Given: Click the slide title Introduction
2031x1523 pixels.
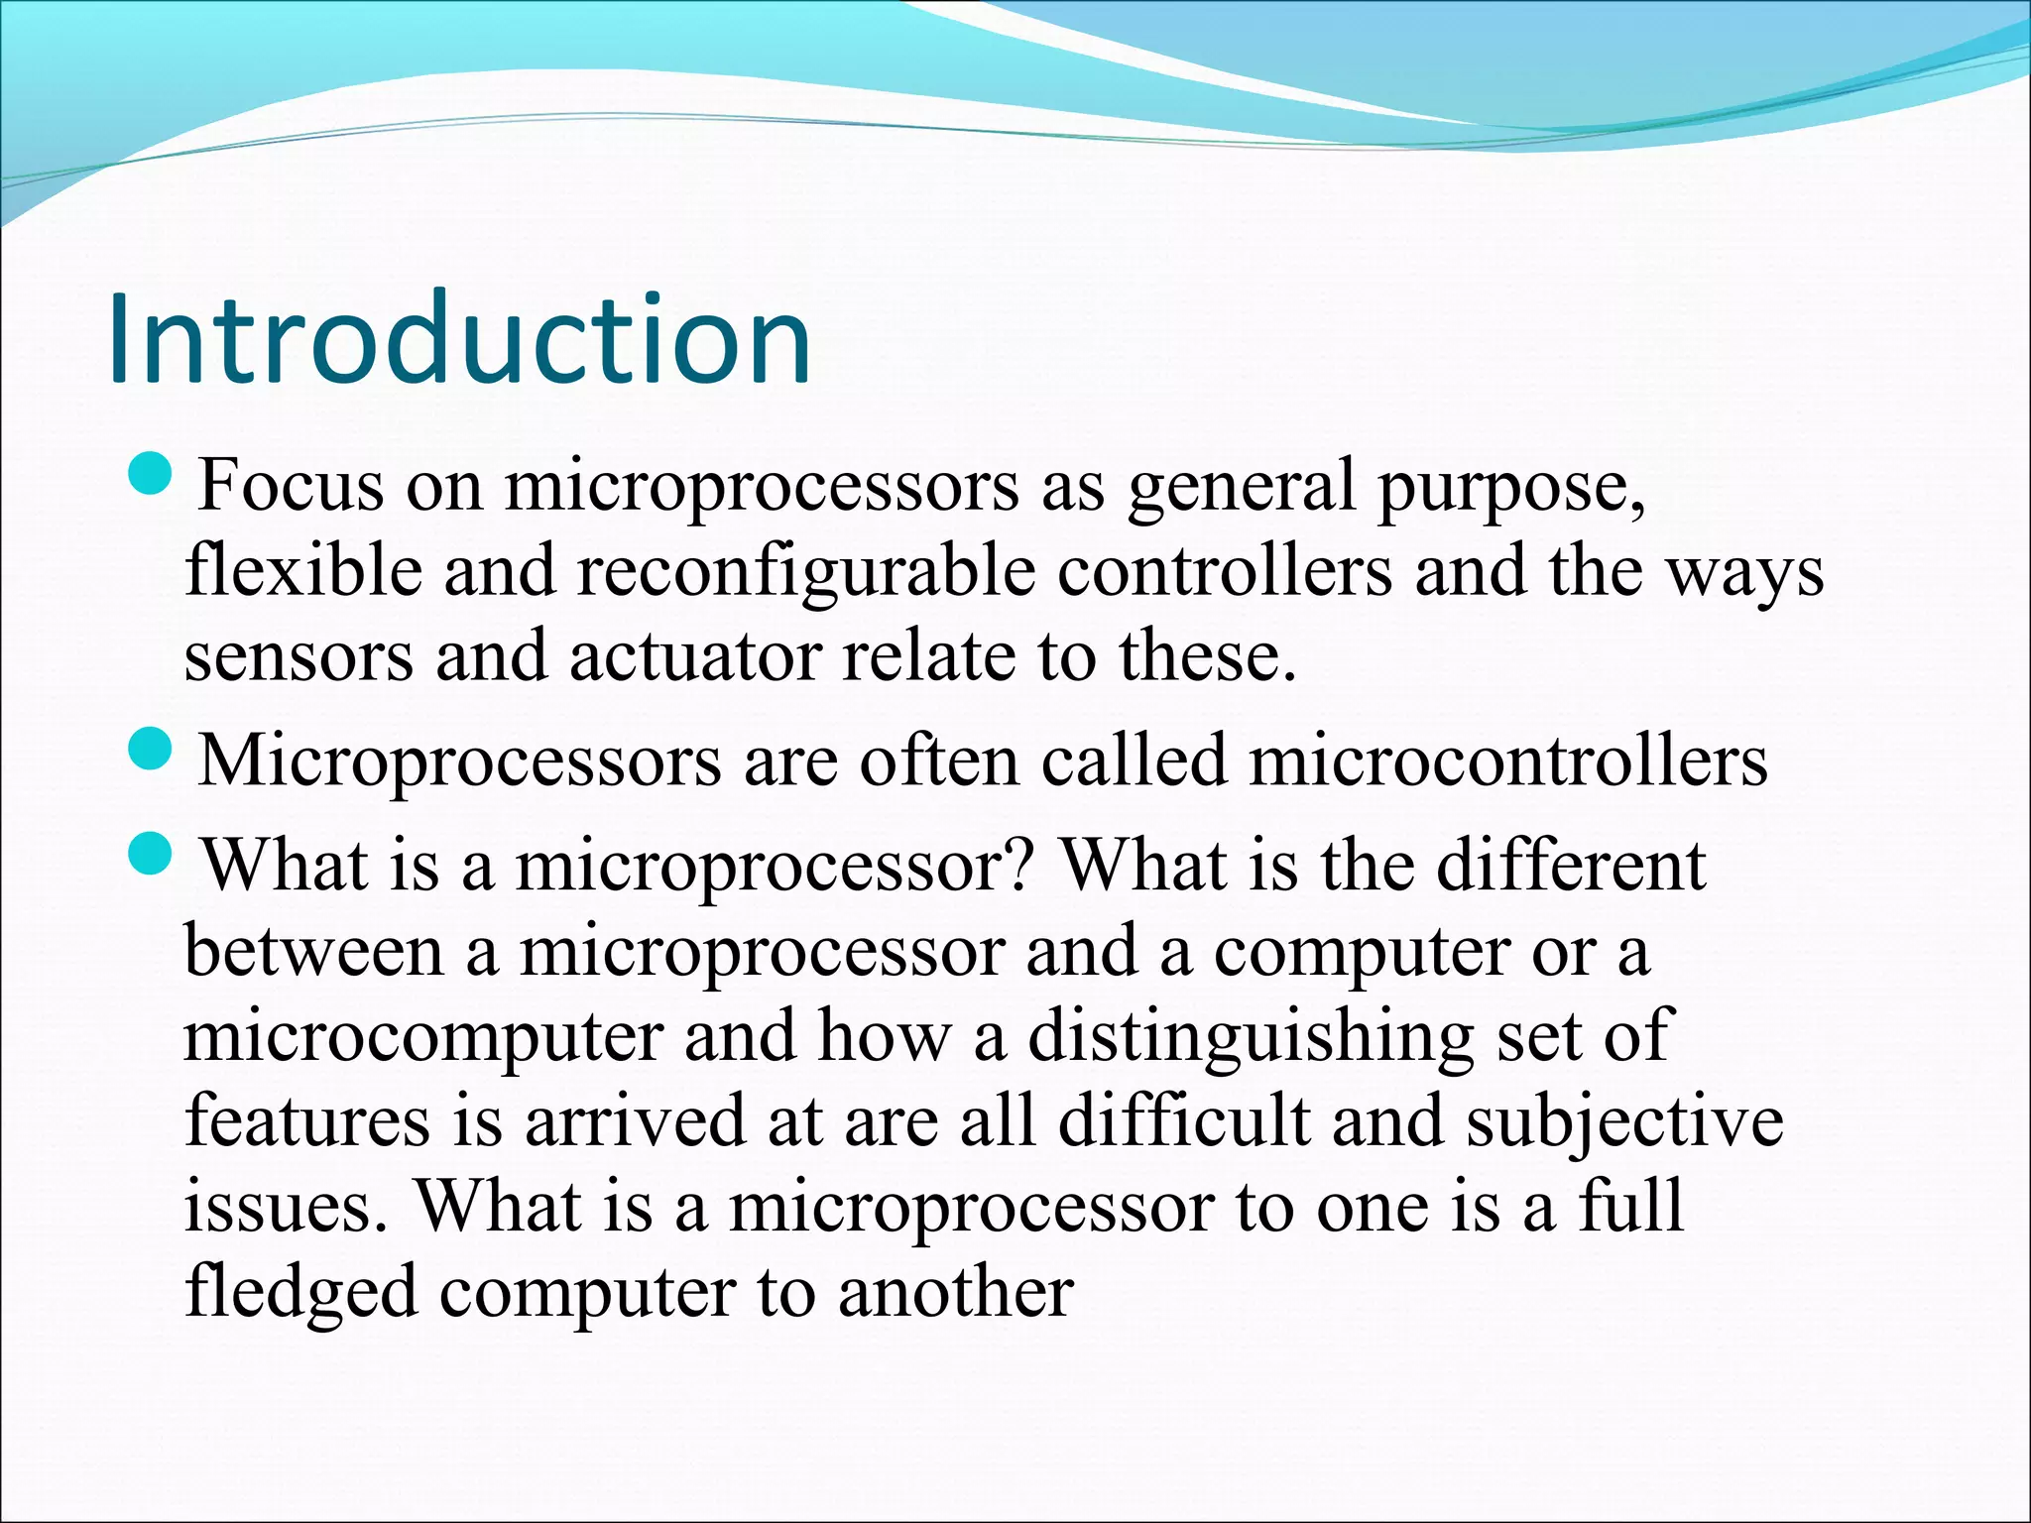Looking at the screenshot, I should [459, 339].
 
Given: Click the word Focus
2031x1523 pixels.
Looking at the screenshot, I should [291, 486].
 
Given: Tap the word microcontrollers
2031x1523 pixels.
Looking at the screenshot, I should [1507, 761].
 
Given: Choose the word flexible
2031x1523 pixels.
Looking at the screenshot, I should [303, 572].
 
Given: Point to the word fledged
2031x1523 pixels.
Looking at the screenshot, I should [300, 1294].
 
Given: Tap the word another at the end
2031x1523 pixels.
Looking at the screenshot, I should [955, 1294].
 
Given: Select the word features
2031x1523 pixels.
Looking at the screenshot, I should [307, 1121].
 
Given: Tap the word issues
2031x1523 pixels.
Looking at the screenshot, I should [285, 1209].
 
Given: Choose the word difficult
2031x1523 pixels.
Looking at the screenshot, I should [1184, 1121].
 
